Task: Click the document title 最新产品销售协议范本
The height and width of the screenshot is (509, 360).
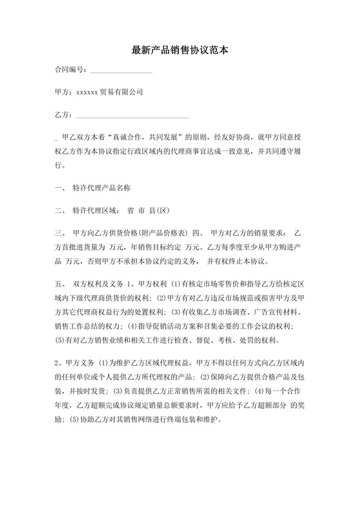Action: [179, 49]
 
